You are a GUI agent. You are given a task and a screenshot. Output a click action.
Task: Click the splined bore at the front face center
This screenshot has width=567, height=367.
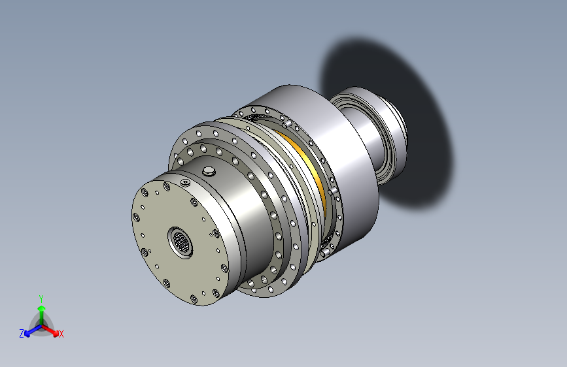pos(181,242)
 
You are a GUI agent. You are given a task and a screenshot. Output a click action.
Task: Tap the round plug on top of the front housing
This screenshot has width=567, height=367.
pos(209,171)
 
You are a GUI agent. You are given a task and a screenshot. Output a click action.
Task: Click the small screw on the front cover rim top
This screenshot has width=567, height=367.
pos(186,182)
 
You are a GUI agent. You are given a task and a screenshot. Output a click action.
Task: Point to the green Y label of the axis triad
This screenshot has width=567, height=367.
pos(41,297)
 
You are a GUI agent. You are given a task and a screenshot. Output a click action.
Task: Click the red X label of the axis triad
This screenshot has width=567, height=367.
pos(61,334)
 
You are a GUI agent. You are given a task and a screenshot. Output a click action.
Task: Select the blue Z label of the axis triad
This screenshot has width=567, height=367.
pos(22,334)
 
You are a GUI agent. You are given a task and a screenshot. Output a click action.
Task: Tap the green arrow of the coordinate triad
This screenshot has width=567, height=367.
pos(41,311)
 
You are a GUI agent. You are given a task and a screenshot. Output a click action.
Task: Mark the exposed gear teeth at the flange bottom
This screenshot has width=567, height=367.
pos(325,247)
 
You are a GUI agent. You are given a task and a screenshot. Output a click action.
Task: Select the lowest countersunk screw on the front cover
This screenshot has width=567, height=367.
pos(194,299)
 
